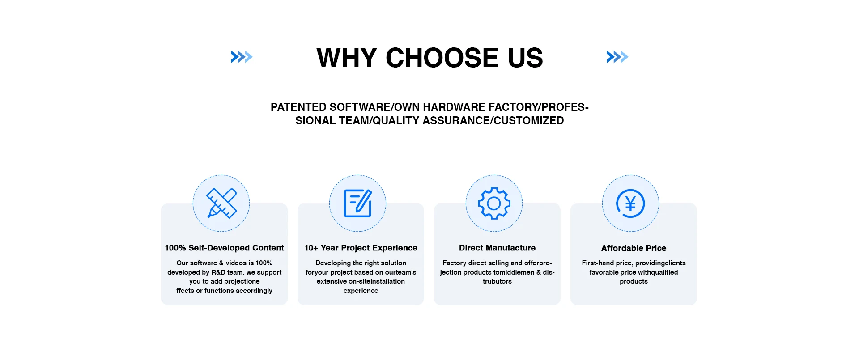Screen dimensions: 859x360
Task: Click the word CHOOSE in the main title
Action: (x=442, y=58)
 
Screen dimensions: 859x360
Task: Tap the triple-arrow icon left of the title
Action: (x=242, y=57)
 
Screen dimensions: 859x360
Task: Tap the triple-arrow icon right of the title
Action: (x=617, y=57)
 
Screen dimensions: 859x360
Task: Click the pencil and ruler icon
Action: (x=221, y=203)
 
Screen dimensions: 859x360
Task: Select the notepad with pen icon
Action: (x=358, y=203)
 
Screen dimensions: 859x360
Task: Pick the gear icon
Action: (x=494, y=203)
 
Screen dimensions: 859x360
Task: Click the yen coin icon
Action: (x=630, y=203)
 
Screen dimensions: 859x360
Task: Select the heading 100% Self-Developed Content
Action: (x=224, y=248)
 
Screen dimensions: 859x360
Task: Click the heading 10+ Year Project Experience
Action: (x=361, y=248)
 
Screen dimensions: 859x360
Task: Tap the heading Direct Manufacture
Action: (x=497, y=248)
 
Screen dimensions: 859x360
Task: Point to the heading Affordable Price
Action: (x=634, y=248)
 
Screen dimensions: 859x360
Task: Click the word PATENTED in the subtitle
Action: (x=298, y=107)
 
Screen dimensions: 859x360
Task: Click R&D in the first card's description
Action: (x=218, y=272)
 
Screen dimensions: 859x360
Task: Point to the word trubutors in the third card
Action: (x=497, y=281)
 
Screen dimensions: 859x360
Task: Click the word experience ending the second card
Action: (x=361, y=291)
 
